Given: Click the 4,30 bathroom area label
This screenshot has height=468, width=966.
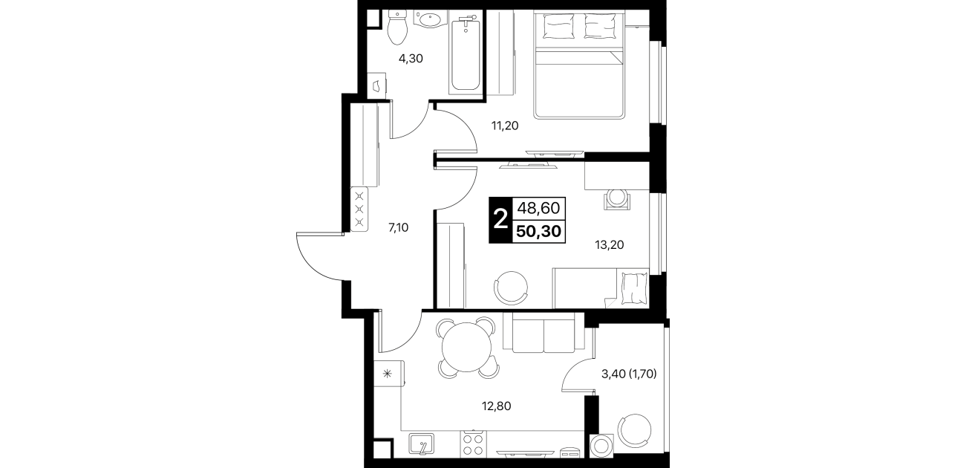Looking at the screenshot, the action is (x=108, y=59).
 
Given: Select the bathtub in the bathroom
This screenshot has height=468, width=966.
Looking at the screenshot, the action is (x=465, y=53).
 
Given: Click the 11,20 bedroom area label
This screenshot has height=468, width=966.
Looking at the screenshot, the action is (x=505, y=126).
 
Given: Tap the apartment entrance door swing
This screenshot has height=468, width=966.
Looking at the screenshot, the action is (x=321, y=256).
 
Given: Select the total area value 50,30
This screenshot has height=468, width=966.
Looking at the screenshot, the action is (x=538, y=232).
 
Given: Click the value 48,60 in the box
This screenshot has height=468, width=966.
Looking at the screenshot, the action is (x=538, y=209).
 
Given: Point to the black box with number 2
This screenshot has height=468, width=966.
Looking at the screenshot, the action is (x=500, y=220).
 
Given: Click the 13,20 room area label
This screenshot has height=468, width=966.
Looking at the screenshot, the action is (x=610, y=245).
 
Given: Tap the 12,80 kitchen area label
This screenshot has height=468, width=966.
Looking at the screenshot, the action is (x=497, y=406).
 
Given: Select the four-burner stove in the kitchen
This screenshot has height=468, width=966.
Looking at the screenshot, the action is (x=473, y=444).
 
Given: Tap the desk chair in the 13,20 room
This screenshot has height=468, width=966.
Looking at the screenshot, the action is (x=617, y=199).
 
